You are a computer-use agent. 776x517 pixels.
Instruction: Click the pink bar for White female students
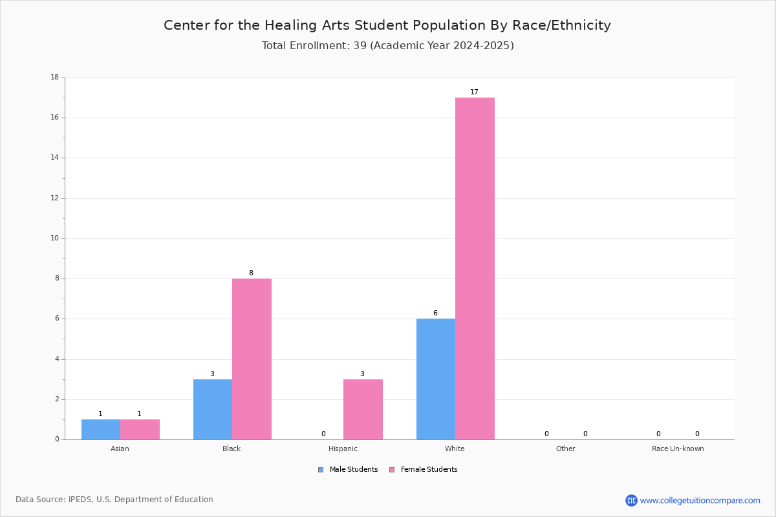pyautogui.click(x=475, y=268)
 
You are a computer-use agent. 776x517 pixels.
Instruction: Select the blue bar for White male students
pyautogui.click(x=436, y=379)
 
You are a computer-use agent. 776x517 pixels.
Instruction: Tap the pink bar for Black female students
pyautogui.click(x=252, y=359)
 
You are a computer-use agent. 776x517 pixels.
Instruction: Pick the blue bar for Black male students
pyautogui.click(x=213, y=409)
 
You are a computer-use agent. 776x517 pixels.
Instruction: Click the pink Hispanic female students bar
pyautogui.click(x=363, y=409)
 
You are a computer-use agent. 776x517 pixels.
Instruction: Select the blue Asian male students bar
pyautogui.click(x=101, y=429)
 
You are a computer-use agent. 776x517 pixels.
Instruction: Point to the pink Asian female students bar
pyautogui.click(x=140, y=429)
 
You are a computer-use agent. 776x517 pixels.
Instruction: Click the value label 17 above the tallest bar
pyautogui.click(x=474, y=92)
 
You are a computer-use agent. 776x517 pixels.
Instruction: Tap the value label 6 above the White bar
pyautogui.click(x=435, y=313)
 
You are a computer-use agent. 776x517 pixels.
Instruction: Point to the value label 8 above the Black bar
pyautogui.click(x=251, y=273)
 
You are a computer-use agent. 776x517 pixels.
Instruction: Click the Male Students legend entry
pyautogui.click(x=348, y=470)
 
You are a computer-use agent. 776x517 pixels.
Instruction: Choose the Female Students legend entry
pyautogui.click(x=424, y=470)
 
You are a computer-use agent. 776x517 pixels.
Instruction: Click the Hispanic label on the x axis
pyautogui.click(x=343, y=448)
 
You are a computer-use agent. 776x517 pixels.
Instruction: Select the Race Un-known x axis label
pyautogui.click(x=678, y=448)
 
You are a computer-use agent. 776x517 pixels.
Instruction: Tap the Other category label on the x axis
pyautogui.click(x=566, y=448)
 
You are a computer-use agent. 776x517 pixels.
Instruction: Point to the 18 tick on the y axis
pyautogui.click(x=55, y=77)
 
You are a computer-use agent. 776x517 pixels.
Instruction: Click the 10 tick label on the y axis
pyautogui.click(x=55, y=238)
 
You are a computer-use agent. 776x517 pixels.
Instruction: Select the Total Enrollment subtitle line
pyautogui.click(x=387, y=46)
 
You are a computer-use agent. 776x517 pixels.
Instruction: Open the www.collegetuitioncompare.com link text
pyautogui.click(x=700, y=500)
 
